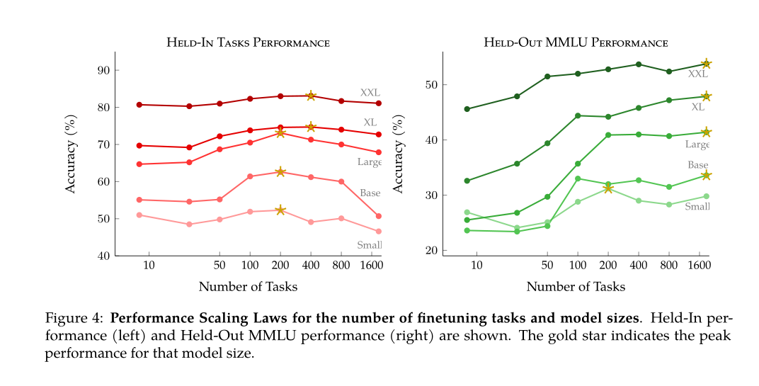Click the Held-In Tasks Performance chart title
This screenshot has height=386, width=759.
248,42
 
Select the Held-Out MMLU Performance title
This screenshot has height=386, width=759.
576,42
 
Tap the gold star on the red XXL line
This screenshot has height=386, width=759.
311,96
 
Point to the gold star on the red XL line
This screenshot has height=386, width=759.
311,127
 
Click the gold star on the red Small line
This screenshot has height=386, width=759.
280,210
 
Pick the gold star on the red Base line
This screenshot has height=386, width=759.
280,172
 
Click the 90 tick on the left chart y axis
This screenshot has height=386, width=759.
103,70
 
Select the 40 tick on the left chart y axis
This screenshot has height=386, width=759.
103,256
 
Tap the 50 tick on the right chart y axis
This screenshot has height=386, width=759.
431,85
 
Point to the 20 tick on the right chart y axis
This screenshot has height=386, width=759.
431,251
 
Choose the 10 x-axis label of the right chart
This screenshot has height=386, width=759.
476,266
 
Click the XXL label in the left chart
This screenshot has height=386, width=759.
370,92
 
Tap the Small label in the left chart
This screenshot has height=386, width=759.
369,245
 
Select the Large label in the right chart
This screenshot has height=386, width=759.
697,144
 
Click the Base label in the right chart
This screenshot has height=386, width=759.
698,165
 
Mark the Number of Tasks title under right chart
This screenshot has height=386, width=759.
576,287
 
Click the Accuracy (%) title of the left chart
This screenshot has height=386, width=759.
71,154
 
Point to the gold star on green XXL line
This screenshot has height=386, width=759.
706,64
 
